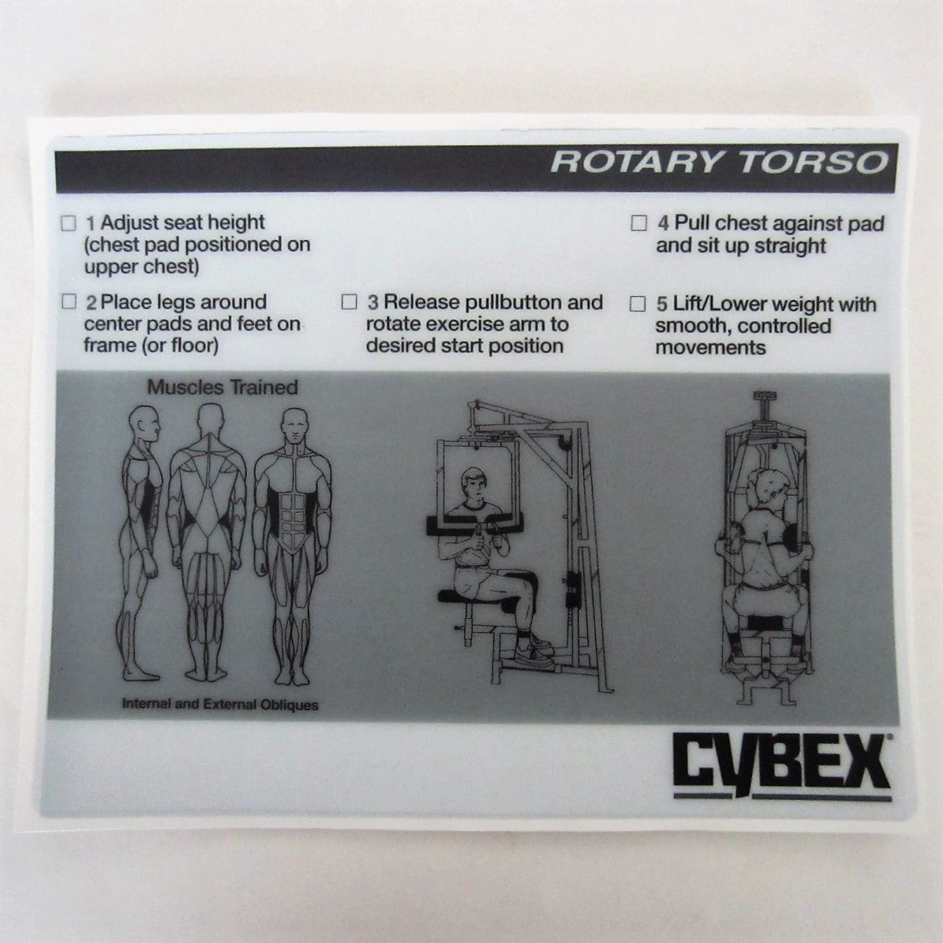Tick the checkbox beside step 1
coord(69,223)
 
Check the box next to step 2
coord(69,301)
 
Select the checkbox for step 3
coord(349,301)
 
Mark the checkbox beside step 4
coord(638,223)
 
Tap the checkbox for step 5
coord(638,304)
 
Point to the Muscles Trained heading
coord(223,387)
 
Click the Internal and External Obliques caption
coord(220,704)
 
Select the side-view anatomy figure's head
coord(146,425)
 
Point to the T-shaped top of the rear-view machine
coord(765,404)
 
